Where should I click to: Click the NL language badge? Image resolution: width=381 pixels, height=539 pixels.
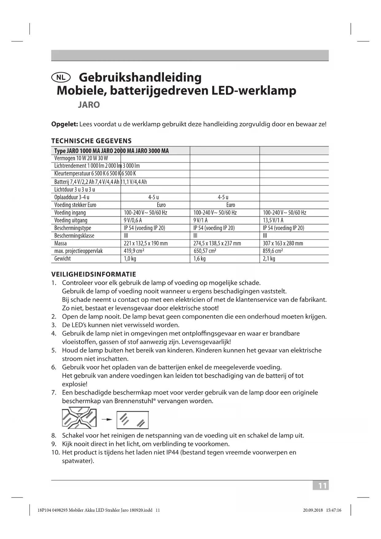(x=61, y=77)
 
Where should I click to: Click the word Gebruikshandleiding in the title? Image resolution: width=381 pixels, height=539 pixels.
(x=140, y=77)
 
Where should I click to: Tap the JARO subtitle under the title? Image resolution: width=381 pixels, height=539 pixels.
(x=89, y=105)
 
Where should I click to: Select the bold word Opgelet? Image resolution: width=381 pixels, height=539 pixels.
(x=64, y=124)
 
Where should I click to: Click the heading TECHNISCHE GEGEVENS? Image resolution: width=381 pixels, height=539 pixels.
(x=91, y=141)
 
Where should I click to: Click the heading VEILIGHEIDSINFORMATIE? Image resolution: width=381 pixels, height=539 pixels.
(x=94, y=274)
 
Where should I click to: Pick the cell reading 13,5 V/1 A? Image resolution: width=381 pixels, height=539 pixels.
(x=273, y=220)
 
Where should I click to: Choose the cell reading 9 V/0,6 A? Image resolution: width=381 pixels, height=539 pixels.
(x=133, y=220)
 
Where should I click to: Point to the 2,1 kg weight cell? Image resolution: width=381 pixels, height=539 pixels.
(x=269, y=259)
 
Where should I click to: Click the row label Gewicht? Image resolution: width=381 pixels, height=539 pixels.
(x=63, y=259)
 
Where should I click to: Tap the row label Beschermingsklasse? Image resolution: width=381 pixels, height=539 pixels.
(x=74, y=236)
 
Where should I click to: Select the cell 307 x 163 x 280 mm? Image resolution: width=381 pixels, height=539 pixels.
(x=283, y=243)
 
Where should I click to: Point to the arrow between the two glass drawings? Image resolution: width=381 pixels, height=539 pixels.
(x=107, y=419)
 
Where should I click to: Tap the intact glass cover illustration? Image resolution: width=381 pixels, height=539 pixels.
(x=133, y=420)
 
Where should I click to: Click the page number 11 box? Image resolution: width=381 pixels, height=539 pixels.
(x=321, y=486)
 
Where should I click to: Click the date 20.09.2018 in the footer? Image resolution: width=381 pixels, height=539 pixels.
(x=313, y=510)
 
